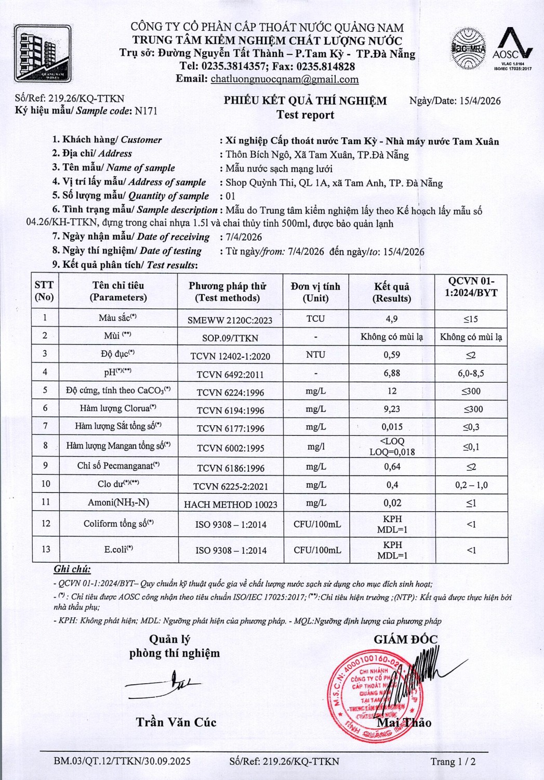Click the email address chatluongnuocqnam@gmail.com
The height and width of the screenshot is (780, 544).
(284, 79)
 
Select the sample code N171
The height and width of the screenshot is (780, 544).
(145, 111)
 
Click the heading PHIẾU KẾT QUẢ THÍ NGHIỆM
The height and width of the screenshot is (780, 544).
(305, 101)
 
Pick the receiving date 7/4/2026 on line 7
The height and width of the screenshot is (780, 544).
(244, 237)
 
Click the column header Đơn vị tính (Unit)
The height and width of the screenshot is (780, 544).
(315, 292)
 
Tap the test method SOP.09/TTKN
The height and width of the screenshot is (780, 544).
(230, 338)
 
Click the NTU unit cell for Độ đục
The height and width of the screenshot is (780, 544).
(315, 355)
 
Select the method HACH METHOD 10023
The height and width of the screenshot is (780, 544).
(230, 504)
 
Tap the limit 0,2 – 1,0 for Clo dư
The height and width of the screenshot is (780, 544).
(471, 485)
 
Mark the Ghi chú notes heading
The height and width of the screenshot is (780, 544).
(72, 569)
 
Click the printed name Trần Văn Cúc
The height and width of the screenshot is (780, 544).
(176, 722)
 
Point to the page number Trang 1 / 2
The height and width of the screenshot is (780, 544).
(453, 762)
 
